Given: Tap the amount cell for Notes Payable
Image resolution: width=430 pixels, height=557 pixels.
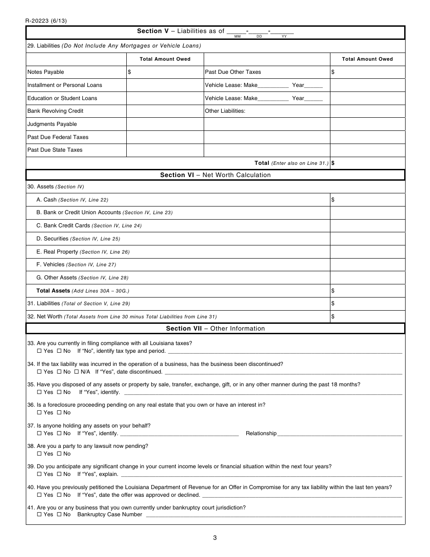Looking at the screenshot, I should pos(165,72).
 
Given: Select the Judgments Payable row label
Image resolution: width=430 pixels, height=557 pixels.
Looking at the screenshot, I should pos(52,124).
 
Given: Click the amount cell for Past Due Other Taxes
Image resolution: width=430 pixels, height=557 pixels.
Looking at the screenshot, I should pos(367,72).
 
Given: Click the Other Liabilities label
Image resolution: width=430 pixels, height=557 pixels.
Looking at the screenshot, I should pos(225,111).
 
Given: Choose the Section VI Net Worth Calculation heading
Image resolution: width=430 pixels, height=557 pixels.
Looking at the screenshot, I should pos(215,175).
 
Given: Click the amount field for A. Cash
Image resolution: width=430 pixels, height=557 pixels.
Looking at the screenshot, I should pos(367,200).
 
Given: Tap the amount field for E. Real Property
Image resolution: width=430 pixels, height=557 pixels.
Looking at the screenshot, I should pos(367,252).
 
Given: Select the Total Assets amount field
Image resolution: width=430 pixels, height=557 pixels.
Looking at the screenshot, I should pos(367,291).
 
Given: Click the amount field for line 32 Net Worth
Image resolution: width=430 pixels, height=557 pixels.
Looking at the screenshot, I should pos(367,317).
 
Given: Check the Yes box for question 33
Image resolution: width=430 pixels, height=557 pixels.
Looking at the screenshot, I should pos(39,351).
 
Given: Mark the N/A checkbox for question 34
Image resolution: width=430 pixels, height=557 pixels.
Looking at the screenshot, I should pos(76,372).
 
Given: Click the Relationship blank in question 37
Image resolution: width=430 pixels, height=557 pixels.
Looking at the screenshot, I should pos(339,433).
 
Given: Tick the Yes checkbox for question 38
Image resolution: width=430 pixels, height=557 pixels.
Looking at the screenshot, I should pos(39,454).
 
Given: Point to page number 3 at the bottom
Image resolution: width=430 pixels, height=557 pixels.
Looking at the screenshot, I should pos(215,538).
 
